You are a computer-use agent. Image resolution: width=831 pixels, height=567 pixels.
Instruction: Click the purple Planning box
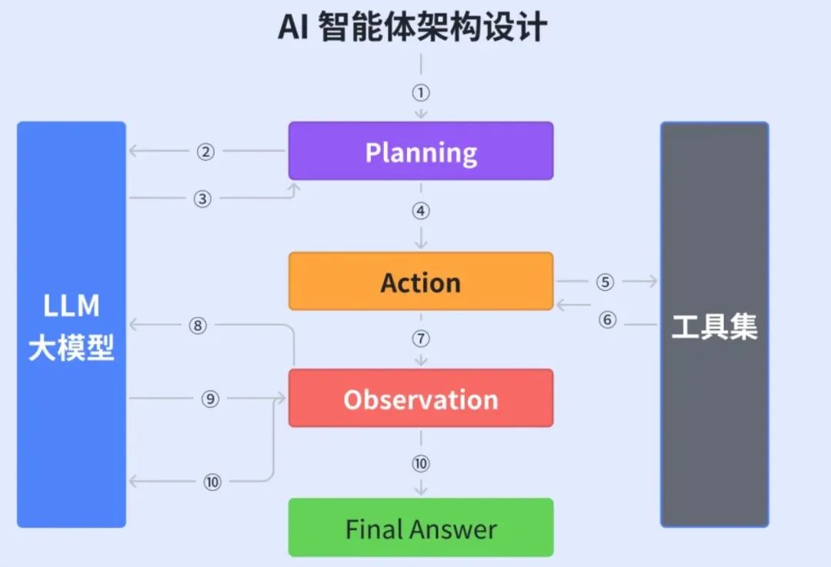[421, 151]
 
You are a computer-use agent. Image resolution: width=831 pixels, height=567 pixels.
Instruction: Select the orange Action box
[421, 282]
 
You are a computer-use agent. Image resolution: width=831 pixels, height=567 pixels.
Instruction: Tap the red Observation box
[421, 398]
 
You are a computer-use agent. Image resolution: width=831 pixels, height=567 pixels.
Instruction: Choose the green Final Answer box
[421, 528]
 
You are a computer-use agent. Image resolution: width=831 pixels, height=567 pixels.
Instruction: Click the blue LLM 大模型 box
[72, 325]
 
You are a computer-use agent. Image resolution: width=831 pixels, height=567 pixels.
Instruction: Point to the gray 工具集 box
[714, 325]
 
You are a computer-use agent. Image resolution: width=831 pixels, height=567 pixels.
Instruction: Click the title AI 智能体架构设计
[412, 27]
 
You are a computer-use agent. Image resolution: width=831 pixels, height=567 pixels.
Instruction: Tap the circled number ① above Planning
[421, 93]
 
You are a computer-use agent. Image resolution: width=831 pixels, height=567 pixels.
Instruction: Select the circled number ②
[205, 152]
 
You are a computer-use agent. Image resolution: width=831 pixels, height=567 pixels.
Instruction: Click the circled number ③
[202, 199]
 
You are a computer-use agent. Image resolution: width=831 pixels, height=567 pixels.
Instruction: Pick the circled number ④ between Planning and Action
[421, 211]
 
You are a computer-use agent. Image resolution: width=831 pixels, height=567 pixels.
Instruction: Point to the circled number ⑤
[605, 282]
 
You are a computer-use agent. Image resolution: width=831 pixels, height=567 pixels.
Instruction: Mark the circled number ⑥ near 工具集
[607, 319]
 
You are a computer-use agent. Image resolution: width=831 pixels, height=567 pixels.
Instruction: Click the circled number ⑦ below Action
[421, 339]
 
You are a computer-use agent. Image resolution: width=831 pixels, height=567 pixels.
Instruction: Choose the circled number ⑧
[198, 325]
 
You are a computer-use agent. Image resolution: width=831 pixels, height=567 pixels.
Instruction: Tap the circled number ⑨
[210, 399]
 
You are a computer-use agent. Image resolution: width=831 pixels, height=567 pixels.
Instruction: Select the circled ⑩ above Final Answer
[421, 464]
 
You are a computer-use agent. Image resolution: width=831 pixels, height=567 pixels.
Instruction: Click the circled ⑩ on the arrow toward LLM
[212, 482]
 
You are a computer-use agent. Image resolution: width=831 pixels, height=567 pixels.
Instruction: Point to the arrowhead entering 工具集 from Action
[653, 282]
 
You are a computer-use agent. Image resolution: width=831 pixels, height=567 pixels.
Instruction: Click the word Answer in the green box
[453, 529]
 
